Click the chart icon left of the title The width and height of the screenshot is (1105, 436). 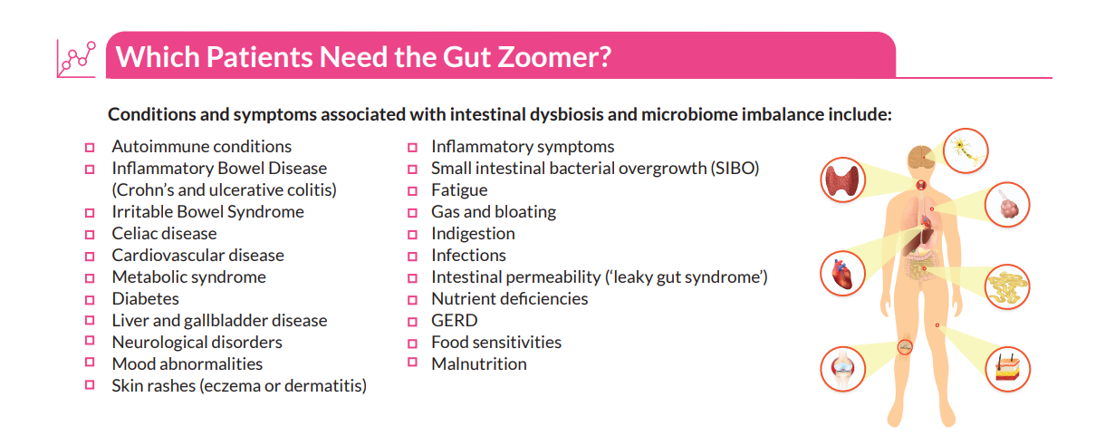tap(76, 58)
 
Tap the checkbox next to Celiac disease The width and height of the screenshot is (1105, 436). tap(90, 235)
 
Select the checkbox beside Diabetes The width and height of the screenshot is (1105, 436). tap(90, 300)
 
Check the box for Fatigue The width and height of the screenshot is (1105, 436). tap(412, 191)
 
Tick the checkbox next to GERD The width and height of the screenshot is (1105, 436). tap(412, 322)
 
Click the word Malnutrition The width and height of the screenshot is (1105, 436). tap(478, 364)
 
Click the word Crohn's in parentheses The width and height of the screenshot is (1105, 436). tap(145, 190)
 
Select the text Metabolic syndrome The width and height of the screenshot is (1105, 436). tap(188, 277)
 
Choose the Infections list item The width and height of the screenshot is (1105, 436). tap(468, 256)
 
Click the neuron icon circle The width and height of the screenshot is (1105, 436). tap(967, 150)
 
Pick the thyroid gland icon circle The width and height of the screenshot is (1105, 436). tap(845, 179)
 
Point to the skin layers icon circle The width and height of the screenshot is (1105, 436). tap(1007, 369)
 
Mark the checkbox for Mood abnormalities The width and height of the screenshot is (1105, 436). tap(90, 364)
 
